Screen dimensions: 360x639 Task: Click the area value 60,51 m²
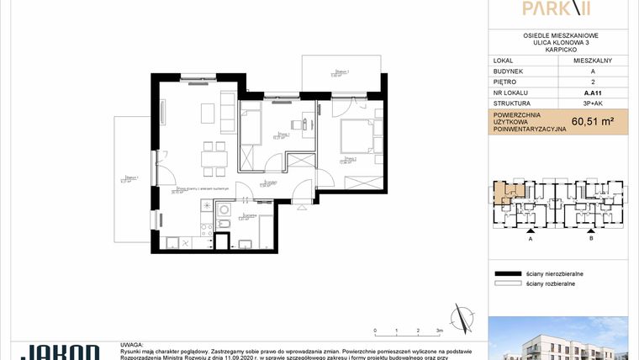tap(592, 121)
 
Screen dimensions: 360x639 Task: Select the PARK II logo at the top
tap(556, 9)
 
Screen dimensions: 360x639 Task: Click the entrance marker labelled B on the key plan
tap(591, 238)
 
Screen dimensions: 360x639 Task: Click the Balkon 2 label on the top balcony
tap(339, 71)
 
